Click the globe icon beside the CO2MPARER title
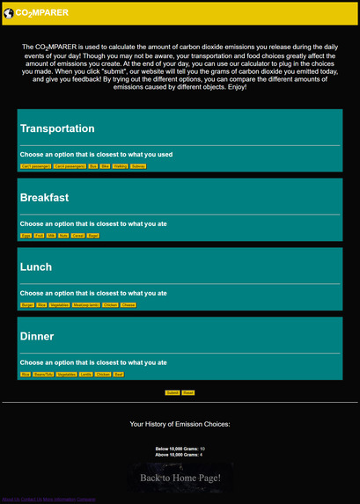click(x=8, y=13)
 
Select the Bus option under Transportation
click(x=93, y=165)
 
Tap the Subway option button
click(x=138, y=165)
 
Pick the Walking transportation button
click(x=121, y=165)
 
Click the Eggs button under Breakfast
click(x=26, y=236)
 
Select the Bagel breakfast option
click(x=93, y=236)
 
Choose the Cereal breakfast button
click(x=77, y=236)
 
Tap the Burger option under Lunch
click(x=27, y=304)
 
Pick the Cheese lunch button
click(x=129, y=304)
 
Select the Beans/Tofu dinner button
click(x=43, y=374)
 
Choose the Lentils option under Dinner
click(x=85, y=374)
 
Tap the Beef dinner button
click(x=119, y=374)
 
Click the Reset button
click(x=188, y=392)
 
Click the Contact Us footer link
click(x=32, y=500)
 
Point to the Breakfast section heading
click(x=44, y=198)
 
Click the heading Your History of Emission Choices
click(x=180, y=424)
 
